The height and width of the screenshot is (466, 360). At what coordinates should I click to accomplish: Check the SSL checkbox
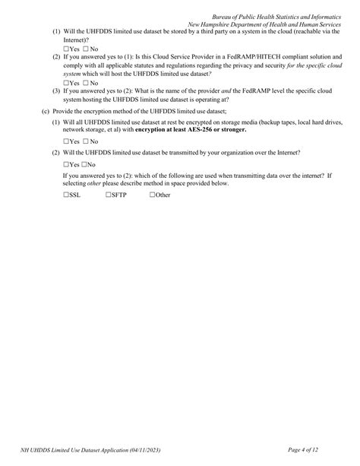[x=67, y=195]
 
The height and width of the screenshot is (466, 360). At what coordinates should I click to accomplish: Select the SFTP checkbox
[x=109, y=195]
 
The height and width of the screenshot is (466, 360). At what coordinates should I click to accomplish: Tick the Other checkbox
[x=153, y=195]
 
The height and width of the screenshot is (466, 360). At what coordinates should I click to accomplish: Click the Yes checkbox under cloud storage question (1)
[x=67, y=49]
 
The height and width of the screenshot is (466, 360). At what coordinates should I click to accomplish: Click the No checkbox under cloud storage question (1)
[x=85, y=49]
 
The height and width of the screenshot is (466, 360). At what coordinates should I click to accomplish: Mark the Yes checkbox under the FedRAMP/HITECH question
[x=67, y=82]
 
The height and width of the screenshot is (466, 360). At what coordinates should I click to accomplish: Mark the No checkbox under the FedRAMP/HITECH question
[x=85, y=82]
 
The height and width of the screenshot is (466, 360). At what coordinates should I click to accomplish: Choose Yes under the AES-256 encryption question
[x=67, y=141]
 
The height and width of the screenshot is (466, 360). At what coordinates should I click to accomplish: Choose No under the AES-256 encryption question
[x=85, y=141]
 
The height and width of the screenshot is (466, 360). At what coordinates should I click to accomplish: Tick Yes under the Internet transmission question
[x=67, y=164]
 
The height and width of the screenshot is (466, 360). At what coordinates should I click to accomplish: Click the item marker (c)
[x=46, y=111]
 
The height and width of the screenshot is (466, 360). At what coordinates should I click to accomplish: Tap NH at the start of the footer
[x=27, y=450]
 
